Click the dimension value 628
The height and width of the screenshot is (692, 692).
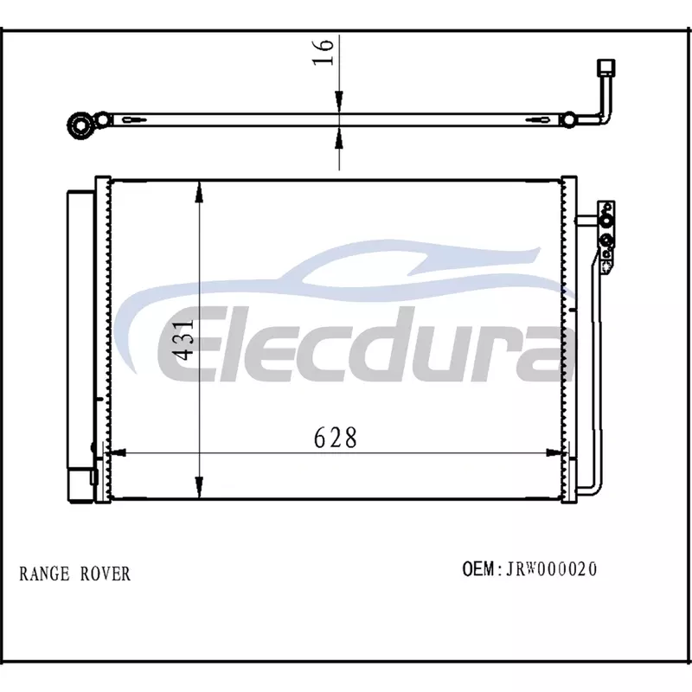pos(335,438)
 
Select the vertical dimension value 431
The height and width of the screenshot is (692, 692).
pos(183,340)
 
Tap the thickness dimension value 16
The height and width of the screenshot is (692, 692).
pos(323,53)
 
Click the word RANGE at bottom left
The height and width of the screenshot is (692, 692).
pos(44,573)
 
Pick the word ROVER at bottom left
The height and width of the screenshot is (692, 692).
pos(106,573)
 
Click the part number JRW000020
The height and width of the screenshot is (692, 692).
pos(551,569)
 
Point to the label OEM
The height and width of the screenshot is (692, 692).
pos(478,569)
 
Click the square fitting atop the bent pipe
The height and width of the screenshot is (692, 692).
pos(605,67)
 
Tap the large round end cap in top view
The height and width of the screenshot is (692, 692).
pos(80,125)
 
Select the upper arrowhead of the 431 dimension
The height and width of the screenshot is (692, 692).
pos(200,192)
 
